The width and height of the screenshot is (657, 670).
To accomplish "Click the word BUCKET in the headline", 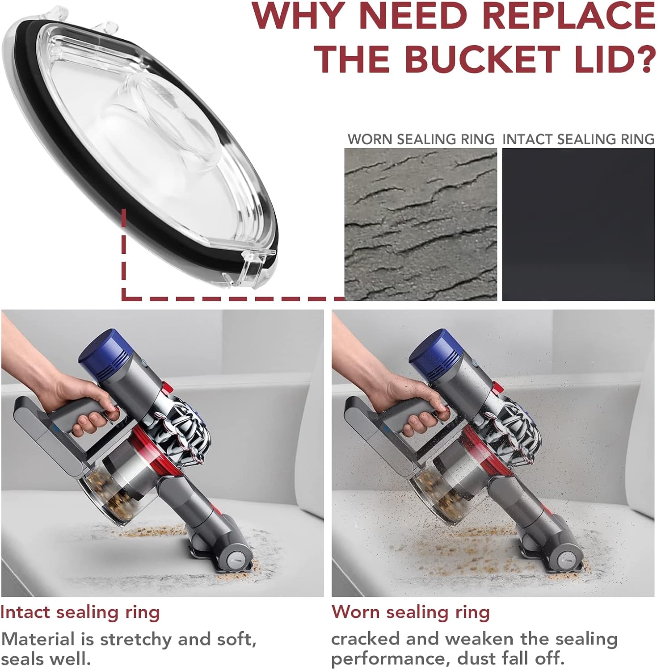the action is [482, 59].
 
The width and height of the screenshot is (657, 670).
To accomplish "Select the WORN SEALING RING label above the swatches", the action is [421, 139].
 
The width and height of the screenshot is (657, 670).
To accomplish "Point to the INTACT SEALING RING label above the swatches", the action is [578, 139].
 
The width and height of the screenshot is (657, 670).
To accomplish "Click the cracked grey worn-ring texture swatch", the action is [421, 225].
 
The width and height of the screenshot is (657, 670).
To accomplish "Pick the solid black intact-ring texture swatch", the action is [578, 225].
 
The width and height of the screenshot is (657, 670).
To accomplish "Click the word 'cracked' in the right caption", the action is [366, 639].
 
